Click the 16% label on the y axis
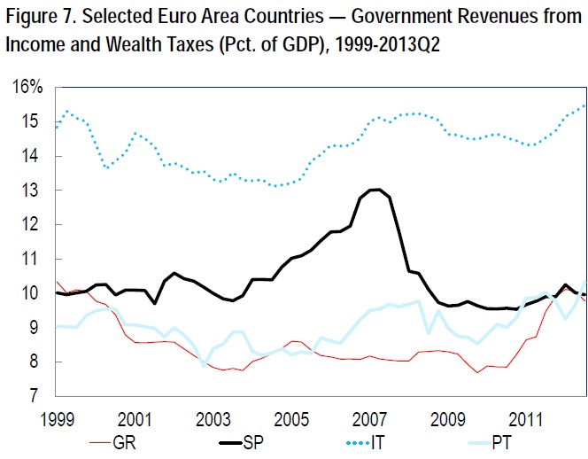point(27,87)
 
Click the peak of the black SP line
point(376,189)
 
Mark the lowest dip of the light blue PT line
point(205,365)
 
